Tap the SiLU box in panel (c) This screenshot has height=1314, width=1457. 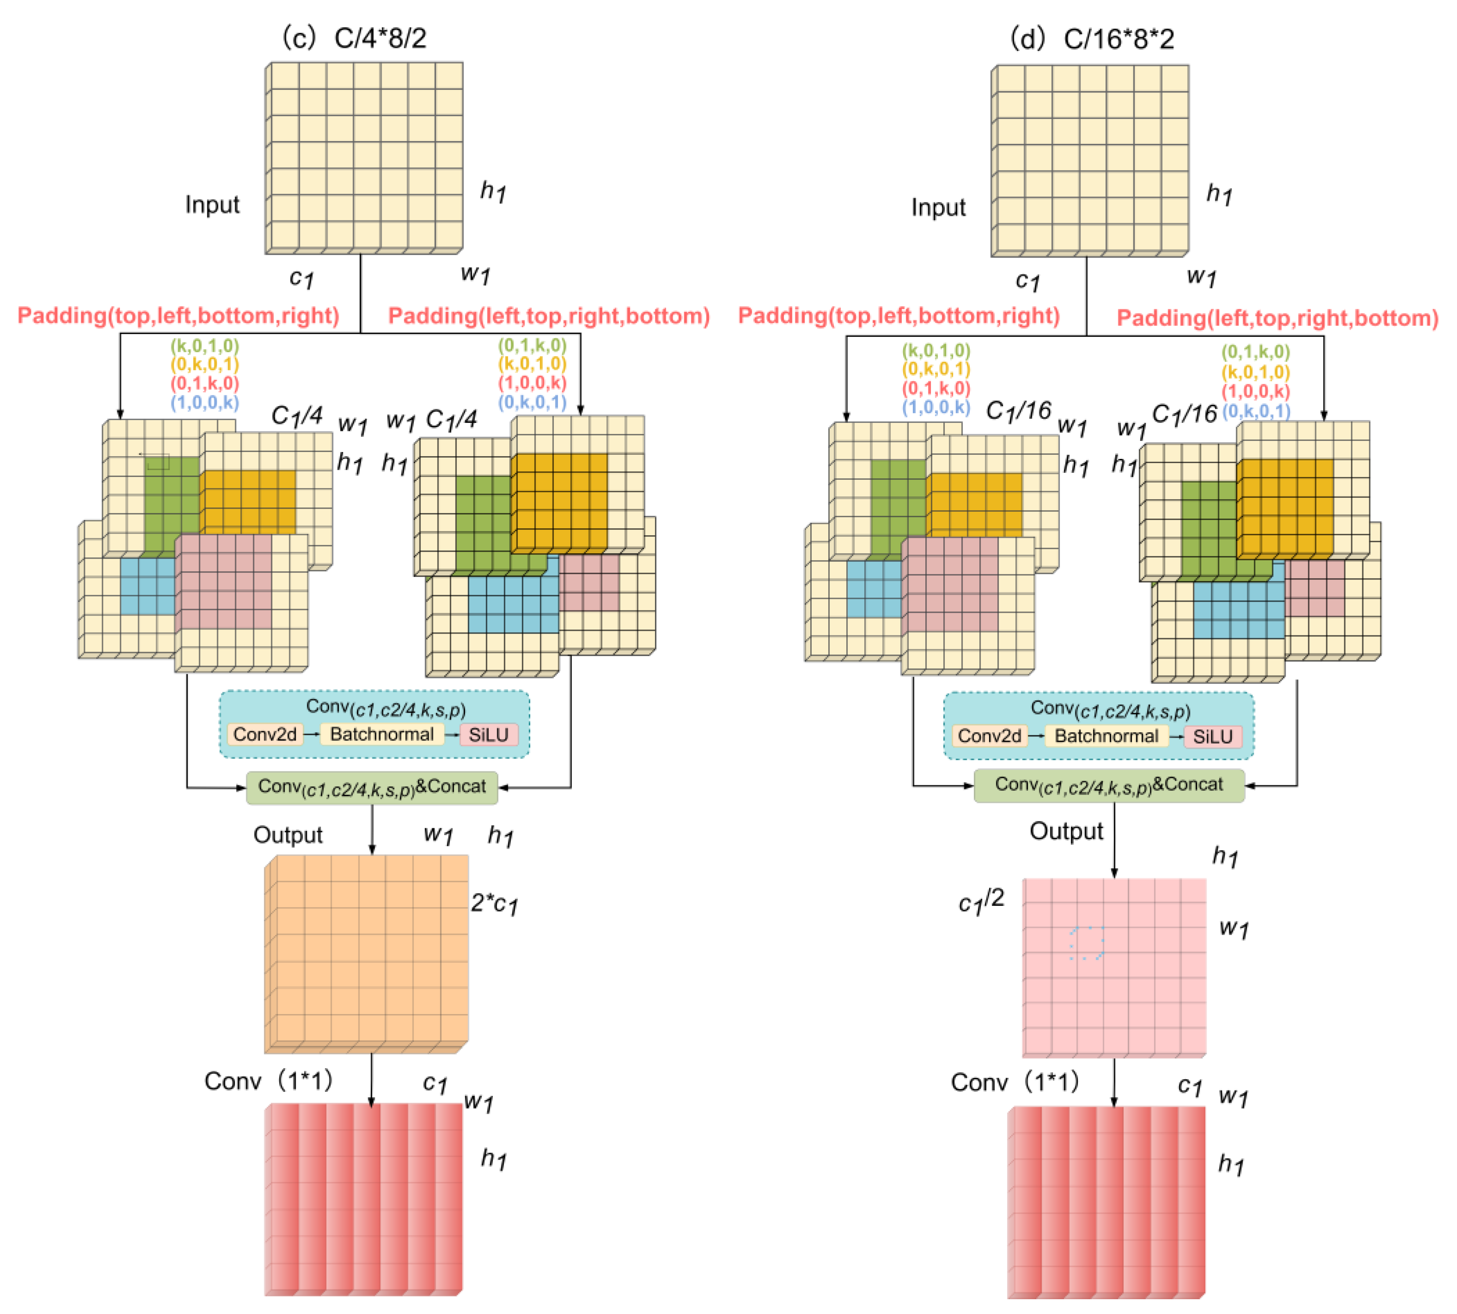pos(489,735)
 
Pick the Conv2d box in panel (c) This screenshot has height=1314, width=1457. pos(265,735)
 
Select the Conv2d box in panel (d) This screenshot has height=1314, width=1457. pos(990,736)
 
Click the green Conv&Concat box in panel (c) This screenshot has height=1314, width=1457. pos(372,787)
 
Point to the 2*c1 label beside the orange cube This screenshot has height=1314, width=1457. pos(494,903)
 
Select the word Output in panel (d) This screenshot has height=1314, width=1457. pos(1066,831)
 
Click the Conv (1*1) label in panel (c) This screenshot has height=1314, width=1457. pos(268,1081)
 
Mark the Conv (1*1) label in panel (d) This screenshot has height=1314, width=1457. pos(1014,1082)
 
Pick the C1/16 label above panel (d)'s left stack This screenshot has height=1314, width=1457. pos(1018,411)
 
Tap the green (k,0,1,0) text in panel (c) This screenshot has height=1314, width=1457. pos(205,345)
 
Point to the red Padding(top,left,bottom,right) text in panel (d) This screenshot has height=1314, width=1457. pos(898,316)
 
